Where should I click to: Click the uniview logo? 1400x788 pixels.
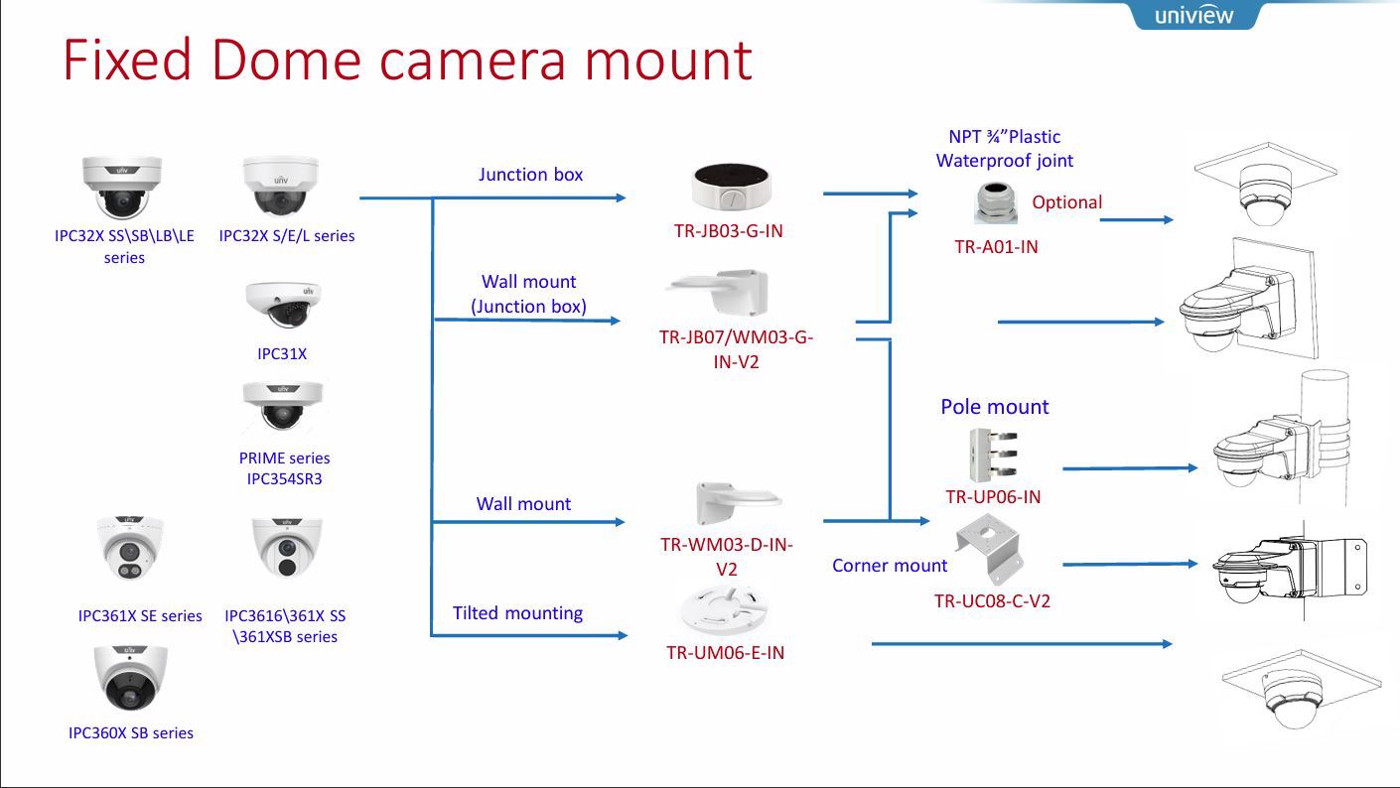click(1193, 16)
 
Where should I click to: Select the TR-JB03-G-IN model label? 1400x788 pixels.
click(728, 231)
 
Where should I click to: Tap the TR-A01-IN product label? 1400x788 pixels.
click(996, 247)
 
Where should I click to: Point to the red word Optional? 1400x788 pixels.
click(1066, 202)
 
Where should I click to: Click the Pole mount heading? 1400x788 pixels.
click(994, 407)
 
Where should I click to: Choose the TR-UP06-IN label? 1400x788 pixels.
click(993, 497)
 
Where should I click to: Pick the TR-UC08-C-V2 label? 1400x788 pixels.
click(992, 600)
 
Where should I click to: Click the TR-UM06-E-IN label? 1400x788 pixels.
click(725, 653)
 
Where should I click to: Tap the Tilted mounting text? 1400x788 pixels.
click(517, 613)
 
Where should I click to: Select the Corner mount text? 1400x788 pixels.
click(890, 566)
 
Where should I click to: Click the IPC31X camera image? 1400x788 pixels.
click(283, 304)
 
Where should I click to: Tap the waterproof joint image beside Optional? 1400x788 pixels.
click(995, 201)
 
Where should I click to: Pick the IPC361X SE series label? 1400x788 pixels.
click(140, 616)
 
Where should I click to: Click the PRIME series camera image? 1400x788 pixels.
click(283, 406)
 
